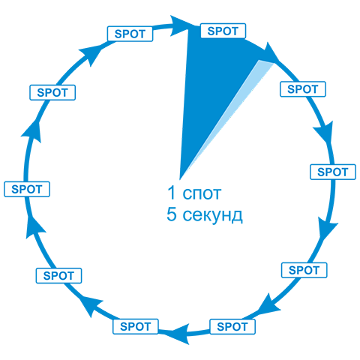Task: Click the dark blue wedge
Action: coord(212,82)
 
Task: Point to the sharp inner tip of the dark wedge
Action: coord(180,179)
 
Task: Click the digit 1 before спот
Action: coord(172,193)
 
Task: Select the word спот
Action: coord(202,194)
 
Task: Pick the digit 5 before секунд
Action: coord(172,214)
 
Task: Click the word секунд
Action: coord(212,215)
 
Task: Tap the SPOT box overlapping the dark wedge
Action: coord(223,31)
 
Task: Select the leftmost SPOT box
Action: coord(27,189)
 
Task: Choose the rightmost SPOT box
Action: coord(333,172)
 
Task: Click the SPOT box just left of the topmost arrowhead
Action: coord(130,34)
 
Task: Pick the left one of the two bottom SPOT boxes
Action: coord(136,326)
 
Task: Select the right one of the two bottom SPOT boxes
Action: coord(232,326)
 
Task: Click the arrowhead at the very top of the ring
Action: coord(179,25)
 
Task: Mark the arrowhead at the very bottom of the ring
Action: coord(181,334)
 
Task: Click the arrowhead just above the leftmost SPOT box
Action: coord(32,131)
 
